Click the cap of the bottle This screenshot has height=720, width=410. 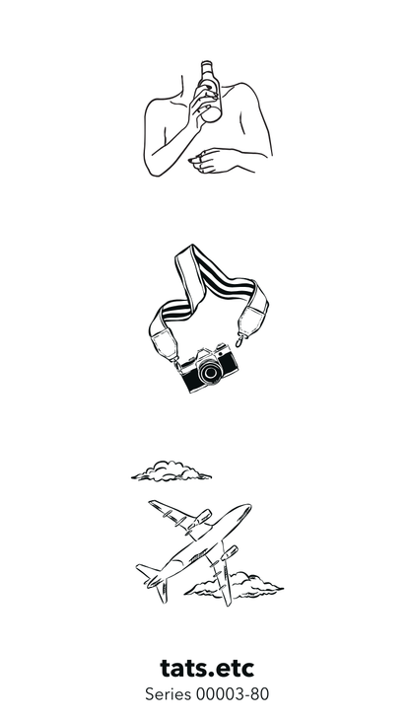pos(206,64)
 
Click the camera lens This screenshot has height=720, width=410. pos(211,372)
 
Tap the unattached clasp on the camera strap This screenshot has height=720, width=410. pos(240,341)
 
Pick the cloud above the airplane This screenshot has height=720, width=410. pos(171,471)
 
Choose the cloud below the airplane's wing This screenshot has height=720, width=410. pos(235,587)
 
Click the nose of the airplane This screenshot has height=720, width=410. pos(246,508)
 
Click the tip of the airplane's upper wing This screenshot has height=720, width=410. pos(153,504)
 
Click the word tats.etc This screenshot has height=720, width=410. pos(207,669)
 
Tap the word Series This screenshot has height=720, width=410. pos(169,693)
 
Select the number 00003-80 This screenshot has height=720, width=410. pos(233,693)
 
